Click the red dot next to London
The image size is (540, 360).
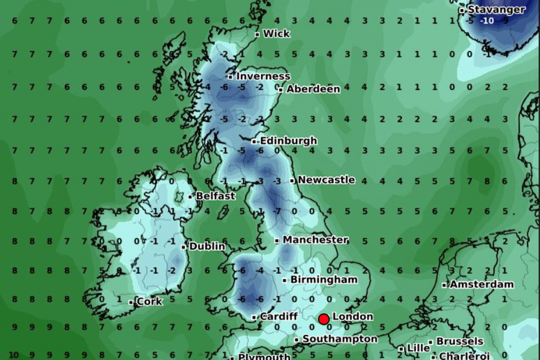pos(324,319)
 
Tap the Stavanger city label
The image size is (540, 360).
pos(496,9)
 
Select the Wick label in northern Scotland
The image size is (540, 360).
pos(276,34)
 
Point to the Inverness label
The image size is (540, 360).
pos(263,76)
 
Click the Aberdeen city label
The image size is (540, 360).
pos(313,89)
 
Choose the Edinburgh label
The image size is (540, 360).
pos(288,141)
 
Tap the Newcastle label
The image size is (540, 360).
pos(326,180)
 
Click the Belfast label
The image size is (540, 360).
pos(216,196)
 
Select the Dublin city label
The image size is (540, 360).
pos(207,247)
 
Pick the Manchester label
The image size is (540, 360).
pos(315,240)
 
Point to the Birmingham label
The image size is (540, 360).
pos(324,280)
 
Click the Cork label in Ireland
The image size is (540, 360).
pos(149,302)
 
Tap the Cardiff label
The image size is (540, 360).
pos(279,317)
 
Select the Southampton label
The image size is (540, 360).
pos(340,339)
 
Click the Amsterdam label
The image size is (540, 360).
pos(481,284)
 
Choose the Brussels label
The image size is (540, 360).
pos(460,342)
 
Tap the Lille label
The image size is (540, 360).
pos(418,348)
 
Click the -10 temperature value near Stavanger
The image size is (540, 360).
pos(487,21)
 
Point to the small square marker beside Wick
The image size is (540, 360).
pos(257,34)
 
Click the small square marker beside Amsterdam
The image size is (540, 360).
pos(444,285)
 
